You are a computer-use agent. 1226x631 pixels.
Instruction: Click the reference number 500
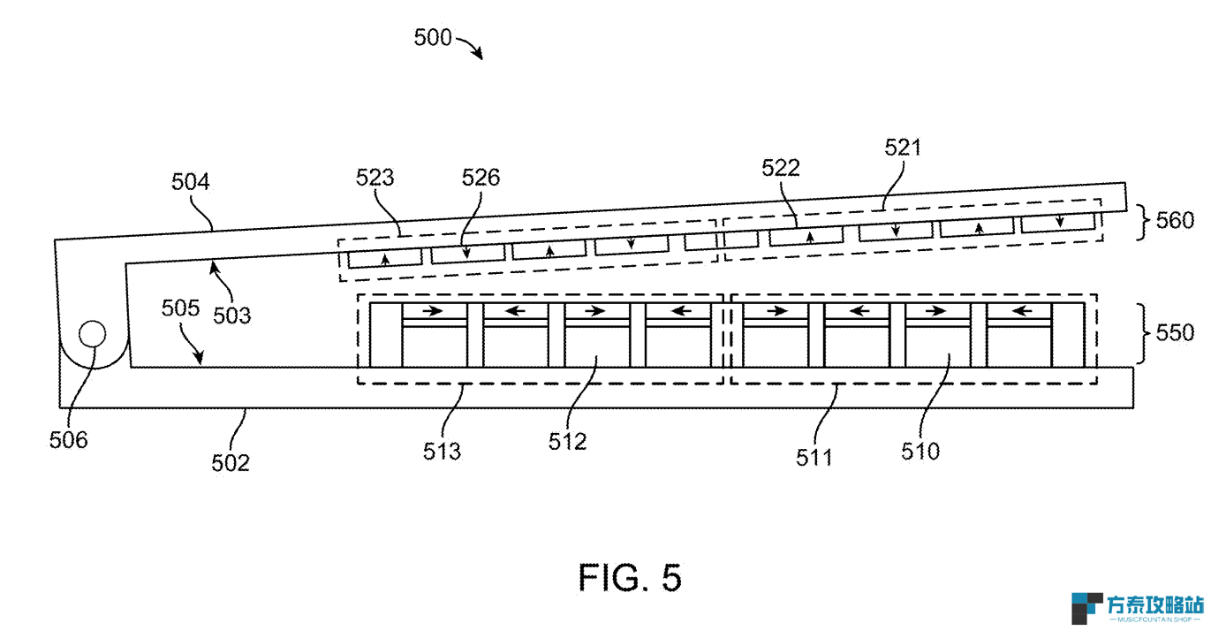coord(433,38)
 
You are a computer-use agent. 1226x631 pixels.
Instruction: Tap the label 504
coord(190,182)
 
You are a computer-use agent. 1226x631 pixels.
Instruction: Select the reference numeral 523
coord(375,178)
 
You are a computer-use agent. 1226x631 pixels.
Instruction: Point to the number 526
coord(481,178)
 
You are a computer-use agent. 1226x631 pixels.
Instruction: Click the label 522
coord(781,168)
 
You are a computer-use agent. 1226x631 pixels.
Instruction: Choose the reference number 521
coord(903,148)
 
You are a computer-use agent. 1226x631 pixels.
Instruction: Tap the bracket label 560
coord(1175,221)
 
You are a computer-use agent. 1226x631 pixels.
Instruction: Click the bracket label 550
coord(1175,333)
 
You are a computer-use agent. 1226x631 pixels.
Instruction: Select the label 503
coord(231,316)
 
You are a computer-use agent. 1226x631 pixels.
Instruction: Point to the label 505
coord(180,308)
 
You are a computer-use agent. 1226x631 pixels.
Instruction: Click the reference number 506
coord(68,440)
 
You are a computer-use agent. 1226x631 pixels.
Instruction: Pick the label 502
coord(231,463)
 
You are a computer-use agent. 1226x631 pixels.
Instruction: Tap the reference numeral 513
coord(442,452)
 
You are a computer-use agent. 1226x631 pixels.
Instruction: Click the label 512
coord(568,442)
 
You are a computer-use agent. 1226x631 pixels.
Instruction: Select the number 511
coord(814,458)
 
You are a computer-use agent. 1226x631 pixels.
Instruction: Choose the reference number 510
coord(920,452)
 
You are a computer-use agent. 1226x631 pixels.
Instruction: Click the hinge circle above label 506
coord(93,321)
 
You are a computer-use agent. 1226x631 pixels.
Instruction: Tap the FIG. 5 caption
coord(630,578)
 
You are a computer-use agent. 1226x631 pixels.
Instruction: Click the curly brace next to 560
coord(1144,222)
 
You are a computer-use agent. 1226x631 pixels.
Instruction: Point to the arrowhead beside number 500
coord(478,53)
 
